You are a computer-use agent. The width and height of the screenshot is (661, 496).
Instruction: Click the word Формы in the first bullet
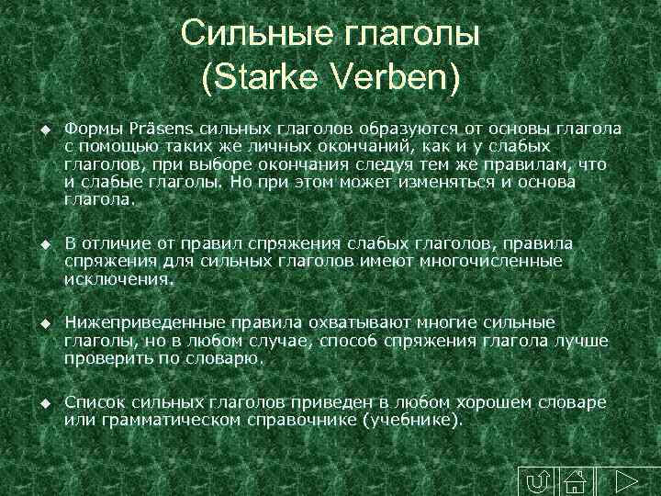pos(90,126)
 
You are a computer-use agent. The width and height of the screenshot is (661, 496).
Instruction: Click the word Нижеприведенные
pos(137,323)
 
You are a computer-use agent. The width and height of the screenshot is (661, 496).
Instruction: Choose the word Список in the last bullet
pos(95,402)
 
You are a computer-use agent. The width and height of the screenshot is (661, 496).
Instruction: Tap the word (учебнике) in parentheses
pos(414,421)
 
